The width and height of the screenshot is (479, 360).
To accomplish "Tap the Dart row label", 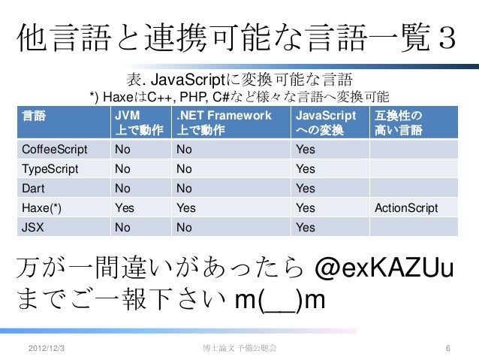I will click(x=33, y=188).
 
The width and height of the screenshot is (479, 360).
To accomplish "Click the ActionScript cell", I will click(x=405, y=207).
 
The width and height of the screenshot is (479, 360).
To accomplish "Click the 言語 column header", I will click(x=34, y=116).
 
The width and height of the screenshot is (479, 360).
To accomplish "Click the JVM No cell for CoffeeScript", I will click(x=122, y=149).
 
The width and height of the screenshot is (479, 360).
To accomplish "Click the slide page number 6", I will click(x=447, y=349).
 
